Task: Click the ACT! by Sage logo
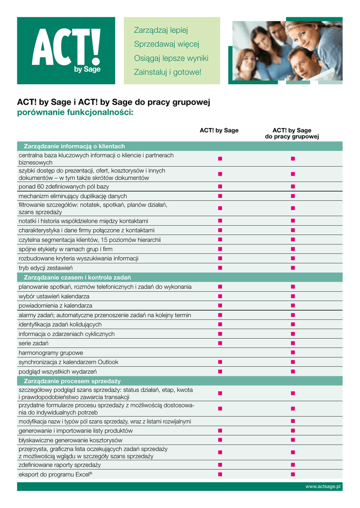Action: [x=66, y=51]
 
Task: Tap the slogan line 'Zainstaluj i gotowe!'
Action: [x=168, y=72]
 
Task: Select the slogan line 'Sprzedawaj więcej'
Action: [x=166, y=44]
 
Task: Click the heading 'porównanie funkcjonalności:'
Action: [x=75, y=113]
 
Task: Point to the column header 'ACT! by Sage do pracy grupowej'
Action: [x=292, y=133]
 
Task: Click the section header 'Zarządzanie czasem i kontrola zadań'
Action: [x=77, y=277]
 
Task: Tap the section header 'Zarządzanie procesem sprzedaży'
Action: [x=72, y=381]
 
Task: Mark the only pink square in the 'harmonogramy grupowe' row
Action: [x=293, y=353]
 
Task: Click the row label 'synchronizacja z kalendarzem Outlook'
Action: [x=69, y=362]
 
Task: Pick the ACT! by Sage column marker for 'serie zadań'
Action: [x=219, y=343]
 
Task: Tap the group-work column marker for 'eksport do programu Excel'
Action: [x=293, y=474]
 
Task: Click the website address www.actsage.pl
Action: [x=323, y=487]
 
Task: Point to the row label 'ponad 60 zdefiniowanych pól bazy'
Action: [x=64, y=187]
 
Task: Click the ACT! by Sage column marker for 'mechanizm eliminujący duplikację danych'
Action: [x=219, y=196]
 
